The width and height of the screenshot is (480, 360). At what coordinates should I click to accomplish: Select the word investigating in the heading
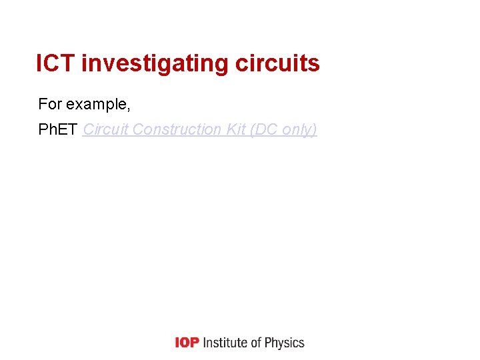[155, 64]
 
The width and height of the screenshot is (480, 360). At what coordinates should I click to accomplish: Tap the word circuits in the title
[277, 64]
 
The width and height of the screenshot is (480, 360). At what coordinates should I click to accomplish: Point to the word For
[49, 104]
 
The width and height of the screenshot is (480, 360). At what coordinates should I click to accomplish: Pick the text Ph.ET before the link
[58, 129]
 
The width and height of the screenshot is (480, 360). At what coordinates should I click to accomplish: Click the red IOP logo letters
[187, 343]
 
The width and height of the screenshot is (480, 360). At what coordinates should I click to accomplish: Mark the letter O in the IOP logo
[187, 343]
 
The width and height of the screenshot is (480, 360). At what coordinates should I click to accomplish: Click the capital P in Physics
[269, 343]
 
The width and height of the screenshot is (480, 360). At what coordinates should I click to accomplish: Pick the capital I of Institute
[204, 343]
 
